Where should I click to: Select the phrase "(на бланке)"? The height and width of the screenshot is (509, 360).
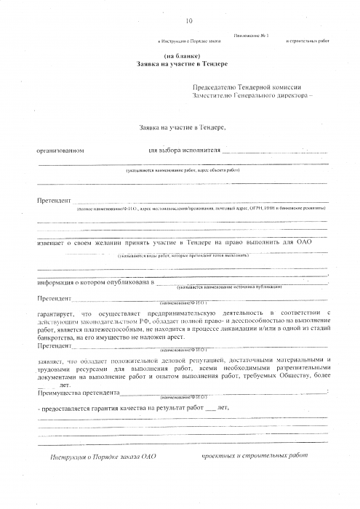[x=179, y=56]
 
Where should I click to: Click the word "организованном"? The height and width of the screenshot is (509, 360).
[x=61, y=151]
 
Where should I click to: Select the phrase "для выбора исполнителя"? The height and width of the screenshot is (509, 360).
[x=183, y=151]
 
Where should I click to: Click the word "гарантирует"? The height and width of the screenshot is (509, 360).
[x=56, y=312]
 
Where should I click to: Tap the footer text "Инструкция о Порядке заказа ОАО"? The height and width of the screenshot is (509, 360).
[x=103, y=457]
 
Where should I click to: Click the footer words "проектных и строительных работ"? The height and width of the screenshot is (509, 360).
[x=249, y=456]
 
